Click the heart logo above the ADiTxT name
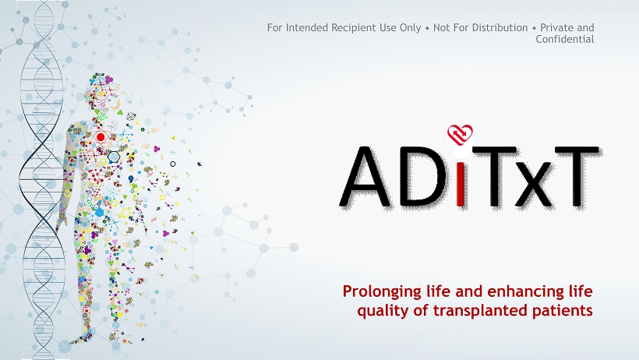tap(460, 135)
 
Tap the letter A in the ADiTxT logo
tap(365, 176)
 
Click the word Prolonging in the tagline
tap(376, 292)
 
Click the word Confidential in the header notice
tap(565, 39)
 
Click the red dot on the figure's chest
tap(101, 137)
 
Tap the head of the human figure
tap(99, 86)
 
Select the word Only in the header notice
tap(411, 28)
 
